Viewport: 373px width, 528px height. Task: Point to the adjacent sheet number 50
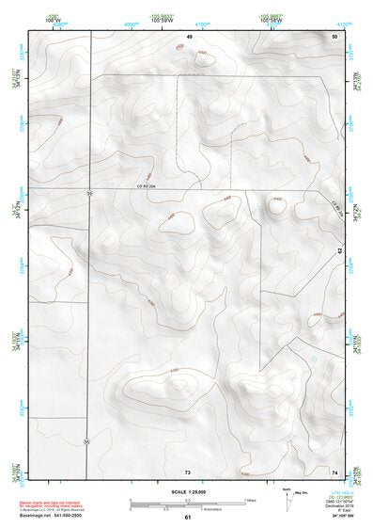[334, 36]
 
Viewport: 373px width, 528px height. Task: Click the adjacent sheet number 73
[188, 470]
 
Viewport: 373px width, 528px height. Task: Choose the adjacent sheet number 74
[334, 470]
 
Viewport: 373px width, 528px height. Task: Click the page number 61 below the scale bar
[188, 518]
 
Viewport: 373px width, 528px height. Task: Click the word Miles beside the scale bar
[250, 500]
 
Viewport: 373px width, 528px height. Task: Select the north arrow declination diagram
[288, 498]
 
